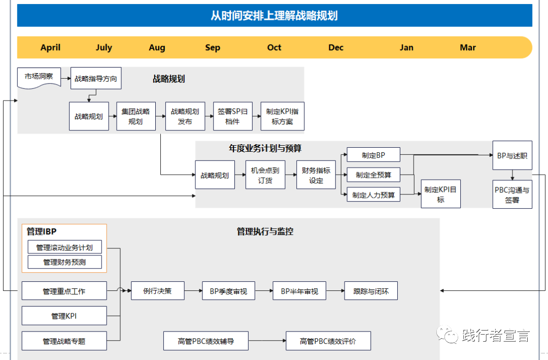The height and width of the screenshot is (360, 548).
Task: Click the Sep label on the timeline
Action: point(213,47)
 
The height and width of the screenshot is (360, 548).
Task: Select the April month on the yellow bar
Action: point(50,47)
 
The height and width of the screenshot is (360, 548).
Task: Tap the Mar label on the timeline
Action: point(467,47)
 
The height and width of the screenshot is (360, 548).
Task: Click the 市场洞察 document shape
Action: point(39,78)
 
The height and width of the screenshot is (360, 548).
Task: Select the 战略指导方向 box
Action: point(96,79)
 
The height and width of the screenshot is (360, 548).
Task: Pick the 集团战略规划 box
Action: point(135,116)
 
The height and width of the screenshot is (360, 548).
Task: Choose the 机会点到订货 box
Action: point(265,175)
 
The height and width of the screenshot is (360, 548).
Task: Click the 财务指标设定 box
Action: point(316,175)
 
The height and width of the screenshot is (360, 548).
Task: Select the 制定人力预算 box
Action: point(373,194)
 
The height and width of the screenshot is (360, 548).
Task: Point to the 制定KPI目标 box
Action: point(440,194)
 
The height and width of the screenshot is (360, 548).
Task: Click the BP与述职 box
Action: point(512,155)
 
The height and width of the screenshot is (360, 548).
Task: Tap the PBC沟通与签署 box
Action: point(512,194)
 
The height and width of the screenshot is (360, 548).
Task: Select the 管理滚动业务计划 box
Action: point(64,247)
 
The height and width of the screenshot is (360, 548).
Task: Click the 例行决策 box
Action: point(157,291)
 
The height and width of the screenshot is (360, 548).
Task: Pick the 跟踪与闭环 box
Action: point(370,291)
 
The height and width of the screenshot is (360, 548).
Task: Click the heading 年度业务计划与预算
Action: point(265,148)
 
